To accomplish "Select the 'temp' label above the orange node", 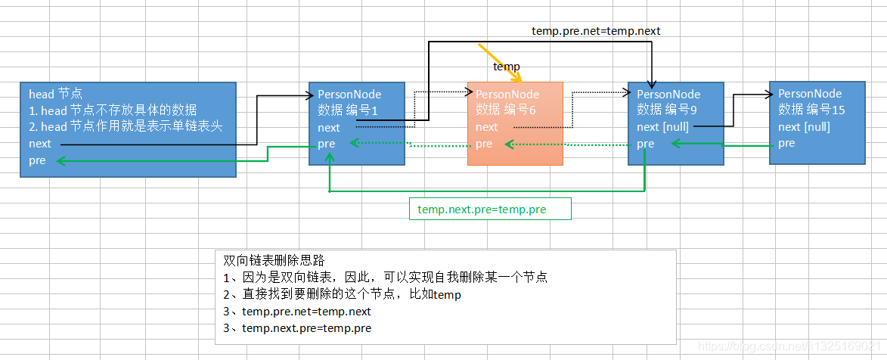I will click(507, 67).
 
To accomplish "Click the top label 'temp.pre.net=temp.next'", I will click(596, 30).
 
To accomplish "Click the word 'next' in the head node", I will click(40, 144).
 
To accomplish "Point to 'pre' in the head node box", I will click(37, 160).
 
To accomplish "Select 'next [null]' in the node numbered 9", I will click(662, 127).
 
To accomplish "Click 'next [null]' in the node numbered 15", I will click(804, 126).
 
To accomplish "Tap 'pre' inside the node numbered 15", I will click(786, 143).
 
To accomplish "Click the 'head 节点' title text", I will click(54, 95).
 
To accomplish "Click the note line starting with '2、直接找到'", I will click(342, 294).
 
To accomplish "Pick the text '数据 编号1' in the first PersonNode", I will click(347, 110).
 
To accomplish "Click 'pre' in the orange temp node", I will click(484, 144).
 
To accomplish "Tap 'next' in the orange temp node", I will click(487, 127).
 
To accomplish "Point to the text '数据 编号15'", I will click(811, 110).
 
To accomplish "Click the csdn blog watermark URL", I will click(789, 346).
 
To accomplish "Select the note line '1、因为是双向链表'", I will click(385, 278).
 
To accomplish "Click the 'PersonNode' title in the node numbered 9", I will click(668, 95).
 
